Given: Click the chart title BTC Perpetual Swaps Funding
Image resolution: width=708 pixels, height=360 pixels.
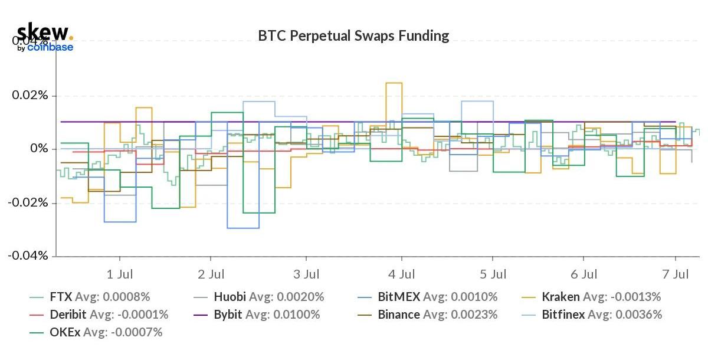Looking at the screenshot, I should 353,36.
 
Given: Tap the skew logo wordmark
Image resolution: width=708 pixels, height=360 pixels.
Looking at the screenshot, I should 42,32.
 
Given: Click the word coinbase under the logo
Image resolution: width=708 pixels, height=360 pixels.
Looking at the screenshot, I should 50,47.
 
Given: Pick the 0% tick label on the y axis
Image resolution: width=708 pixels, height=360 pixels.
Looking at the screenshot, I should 39,149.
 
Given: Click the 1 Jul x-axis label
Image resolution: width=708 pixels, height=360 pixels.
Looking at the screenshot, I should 120,274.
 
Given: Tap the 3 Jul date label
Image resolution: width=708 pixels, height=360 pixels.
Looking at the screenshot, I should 306,274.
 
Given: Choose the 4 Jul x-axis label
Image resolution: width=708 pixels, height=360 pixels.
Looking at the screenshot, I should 402,274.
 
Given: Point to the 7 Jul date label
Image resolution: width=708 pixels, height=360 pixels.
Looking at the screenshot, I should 675,274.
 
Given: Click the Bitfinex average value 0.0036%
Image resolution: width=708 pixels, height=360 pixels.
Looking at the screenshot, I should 640,315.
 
